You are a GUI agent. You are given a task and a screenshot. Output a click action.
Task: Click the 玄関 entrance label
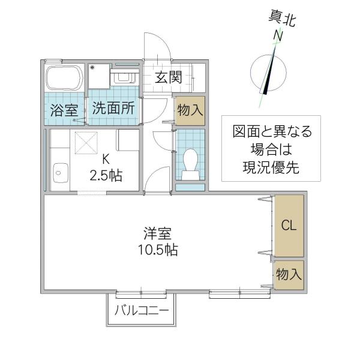pyautogui.click(x=168, y=77)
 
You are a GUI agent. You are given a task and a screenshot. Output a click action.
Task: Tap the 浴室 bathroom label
pyautogui.click(x=64, y=110)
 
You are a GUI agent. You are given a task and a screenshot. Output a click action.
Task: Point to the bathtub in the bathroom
pyautogui.click(x=65, y=78)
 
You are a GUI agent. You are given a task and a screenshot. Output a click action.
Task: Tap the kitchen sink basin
pyautogui.click(x=61, y=173)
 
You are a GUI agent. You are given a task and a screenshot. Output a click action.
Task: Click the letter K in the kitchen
pyautogui.click(x=106, y=159)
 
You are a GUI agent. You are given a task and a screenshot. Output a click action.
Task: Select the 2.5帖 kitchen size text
pyautogui.click(x=106, y=176)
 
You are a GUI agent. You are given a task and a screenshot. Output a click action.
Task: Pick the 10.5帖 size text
pyautogui.click(x=158, y=250)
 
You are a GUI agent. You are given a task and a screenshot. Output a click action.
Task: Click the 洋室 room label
pyautogui.click(x=157, y=233)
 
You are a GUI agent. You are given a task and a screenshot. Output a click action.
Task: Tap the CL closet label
pyautogui.click(x=289, y=225)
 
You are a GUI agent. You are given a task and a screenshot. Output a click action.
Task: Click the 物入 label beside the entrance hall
pyautogui.click(x=190, y=110)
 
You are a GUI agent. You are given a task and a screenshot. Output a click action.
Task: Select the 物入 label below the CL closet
pyautogui.click(x=289, y=274)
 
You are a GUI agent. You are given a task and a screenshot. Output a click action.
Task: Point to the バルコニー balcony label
pyautogui.click(x=142, y=311)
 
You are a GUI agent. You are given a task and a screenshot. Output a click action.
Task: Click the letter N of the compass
pyautogui.click(x=278, y=36)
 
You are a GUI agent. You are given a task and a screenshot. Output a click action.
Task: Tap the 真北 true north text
pyautogui.click(x=282, y=19)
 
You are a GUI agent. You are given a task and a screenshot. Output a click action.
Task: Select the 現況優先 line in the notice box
pyautogui.click(x=271, y=167)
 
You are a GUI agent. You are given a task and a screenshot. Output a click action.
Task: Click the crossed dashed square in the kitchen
pyautogui.click(x=86, y=143)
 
